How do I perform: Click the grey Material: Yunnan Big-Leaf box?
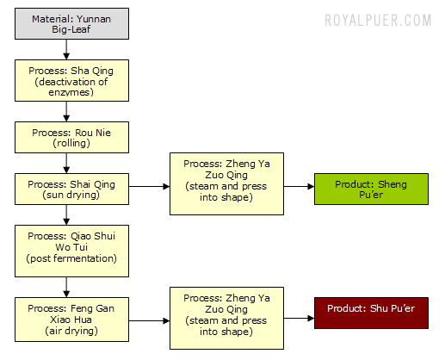click(71, 24)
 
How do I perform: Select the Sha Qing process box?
click(71, 81)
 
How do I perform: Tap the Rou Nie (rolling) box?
click(71, 138)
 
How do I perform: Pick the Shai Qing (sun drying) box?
click(71, 189)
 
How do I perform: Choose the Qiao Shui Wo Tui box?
click(71, 251)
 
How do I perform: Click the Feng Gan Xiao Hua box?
click(71, 320)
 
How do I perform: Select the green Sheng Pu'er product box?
click(371, 189)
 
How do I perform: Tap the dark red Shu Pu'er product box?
click(371, 313)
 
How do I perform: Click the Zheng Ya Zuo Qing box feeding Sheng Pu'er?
click(226, 184)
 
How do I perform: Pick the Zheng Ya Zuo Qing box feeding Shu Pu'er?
click(226, 319)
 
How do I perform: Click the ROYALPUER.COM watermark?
click(378, 21)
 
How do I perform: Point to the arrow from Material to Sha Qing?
click(66, 49)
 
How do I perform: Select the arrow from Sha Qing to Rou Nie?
click(66, 111)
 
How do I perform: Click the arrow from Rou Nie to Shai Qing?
click(66, 163)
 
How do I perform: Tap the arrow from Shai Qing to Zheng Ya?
click(149, 187)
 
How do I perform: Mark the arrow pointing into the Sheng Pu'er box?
click(300, 187)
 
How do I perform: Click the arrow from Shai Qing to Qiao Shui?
click(66, 214)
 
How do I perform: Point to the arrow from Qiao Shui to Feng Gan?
click(66, 287)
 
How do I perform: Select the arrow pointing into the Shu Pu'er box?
click(300, 318)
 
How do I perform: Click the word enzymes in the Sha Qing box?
click(71, 92)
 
